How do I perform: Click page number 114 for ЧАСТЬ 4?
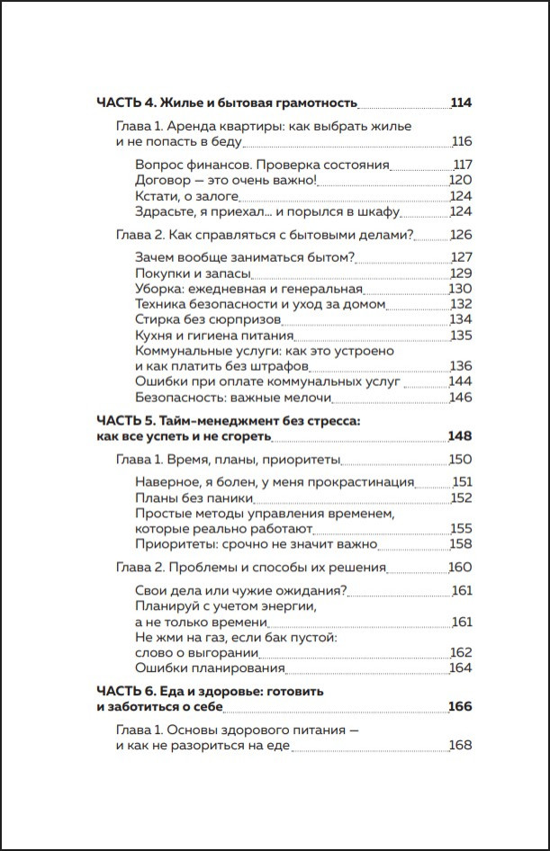[x=461, y=103]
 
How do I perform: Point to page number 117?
[x=462, y=165]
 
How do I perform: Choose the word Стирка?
[x=158, y=319]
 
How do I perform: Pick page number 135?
[x=461, y=335]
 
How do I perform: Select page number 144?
[x=461, y=381]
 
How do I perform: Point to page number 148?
[x=460, y=436]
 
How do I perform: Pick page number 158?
[x=461, y=543]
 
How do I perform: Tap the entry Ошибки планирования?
[x=209, y=667]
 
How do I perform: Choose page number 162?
[x=461, y=652]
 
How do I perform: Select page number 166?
[x=460, y=707]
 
